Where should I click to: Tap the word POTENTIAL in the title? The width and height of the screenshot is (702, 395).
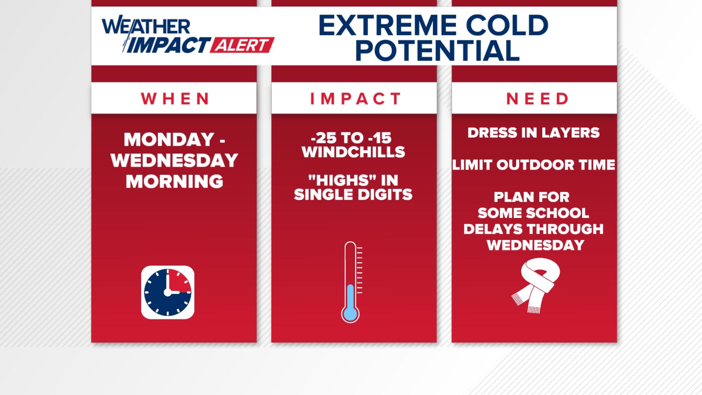click(x=437, y=50)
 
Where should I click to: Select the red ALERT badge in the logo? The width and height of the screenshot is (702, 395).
click(x=242, y=45)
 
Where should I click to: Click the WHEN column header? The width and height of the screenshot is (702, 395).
click(x=174, y=98)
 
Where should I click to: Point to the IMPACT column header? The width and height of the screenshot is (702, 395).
click(x=355, y=98)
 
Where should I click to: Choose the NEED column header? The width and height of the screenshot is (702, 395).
click(x=537, y=98)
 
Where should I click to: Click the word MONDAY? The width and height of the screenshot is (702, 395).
click(x=169, y=139)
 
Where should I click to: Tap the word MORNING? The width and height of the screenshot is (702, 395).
click(x=174, y=181)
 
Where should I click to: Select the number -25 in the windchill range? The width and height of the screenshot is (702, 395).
click(x=325, y=138)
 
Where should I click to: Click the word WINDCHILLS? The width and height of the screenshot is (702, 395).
click(x=353, y=152)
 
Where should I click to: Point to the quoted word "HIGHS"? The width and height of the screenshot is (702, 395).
click(x=337, y=180)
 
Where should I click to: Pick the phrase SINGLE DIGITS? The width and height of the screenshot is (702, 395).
click(x=353, y=194)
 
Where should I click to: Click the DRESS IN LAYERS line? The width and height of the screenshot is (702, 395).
click(x=533, y=132)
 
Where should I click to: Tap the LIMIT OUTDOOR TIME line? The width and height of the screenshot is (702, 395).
click(x=534, y=165)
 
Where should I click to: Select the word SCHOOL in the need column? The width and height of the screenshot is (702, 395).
click(x=558, y=213)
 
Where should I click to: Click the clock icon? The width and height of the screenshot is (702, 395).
click(x=167, y=292)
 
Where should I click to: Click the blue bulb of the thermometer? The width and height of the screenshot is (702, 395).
click(x=350, y=314)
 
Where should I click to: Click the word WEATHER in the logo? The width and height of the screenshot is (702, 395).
click(x=146, y=26)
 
